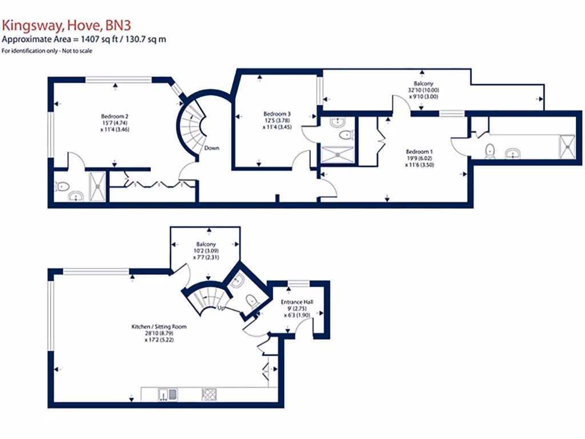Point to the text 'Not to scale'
76,51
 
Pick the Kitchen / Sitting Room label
159,326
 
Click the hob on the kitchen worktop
209,393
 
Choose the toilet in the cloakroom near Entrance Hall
250,301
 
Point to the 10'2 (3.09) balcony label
208,250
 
